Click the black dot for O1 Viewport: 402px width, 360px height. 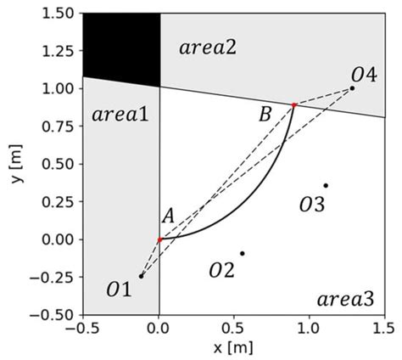[x=141, y=276]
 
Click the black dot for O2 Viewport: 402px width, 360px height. [x=243, y=253]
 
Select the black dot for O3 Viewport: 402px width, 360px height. [x=326, y=185]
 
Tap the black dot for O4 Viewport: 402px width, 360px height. [x=353, y=88]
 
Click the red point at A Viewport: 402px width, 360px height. [x=159, y=239]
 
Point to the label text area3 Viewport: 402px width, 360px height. [x=347, y=299]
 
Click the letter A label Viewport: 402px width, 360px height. [x=168, y=217]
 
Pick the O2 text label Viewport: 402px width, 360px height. [x=222, y=271]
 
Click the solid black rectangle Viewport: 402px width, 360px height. [x=121, y=48]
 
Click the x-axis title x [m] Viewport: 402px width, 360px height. [x=234, y=349]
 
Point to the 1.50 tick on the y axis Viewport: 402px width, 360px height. [x=59, y=14]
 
